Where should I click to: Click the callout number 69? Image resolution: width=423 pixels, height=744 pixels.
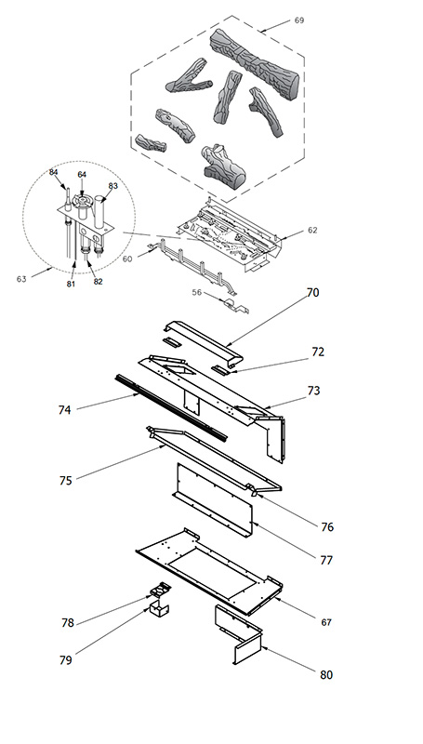coord(299,20)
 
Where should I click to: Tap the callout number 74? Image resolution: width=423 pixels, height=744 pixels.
coord(64,410)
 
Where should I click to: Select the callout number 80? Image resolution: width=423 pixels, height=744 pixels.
coord(326,675)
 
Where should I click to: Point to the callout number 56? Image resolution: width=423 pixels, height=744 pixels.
coord(197,293)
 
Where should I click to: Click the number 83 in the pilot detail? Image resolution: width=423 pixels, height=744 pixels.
coord(112,186)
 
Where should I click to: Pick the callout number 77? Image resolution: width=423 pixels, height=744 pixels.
coord(326,561)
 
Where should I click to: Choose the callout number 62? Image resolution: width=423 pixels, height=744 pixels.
coord(312,230)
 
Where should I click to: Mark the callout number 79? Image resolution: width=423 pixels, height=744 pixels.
coord(65,660)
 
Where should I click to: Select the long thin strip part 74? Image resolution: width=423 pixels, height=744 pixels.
coord(171,407)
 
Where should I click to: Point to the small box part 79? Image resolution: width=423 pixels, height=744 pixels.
coord(158,608)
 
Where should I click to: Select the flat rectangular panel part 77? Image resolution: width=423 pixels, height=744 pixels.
coord(214,500)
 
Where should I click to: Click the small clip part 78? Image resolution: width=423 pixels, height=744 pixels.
coord(160,590)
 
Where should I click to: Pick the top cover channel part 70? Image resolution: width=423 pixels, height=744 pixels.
coord(204,342)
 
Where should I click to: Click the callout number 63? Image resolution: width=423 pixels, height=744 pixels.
coord(21,279)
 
